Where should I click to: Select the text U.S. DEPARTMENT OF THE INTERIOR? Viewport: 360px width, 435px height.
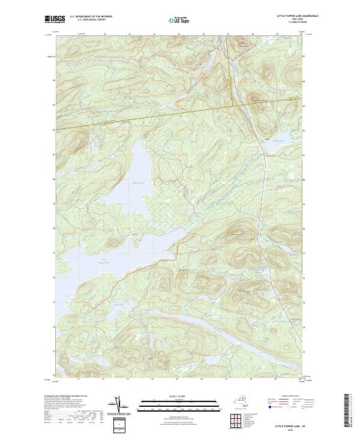[x=91, y=17]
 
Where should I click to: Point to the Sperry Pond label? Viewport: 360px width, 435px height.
[x=273, y=141]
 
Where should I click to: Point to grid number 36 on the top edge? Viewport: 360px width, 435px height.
[x=203, y=34]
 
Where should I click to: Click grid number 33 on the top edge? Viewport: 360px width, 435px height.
[x=129, y=34]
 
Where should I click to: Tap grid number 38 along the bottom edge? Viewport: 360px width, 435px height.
[x=251, y=379]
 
